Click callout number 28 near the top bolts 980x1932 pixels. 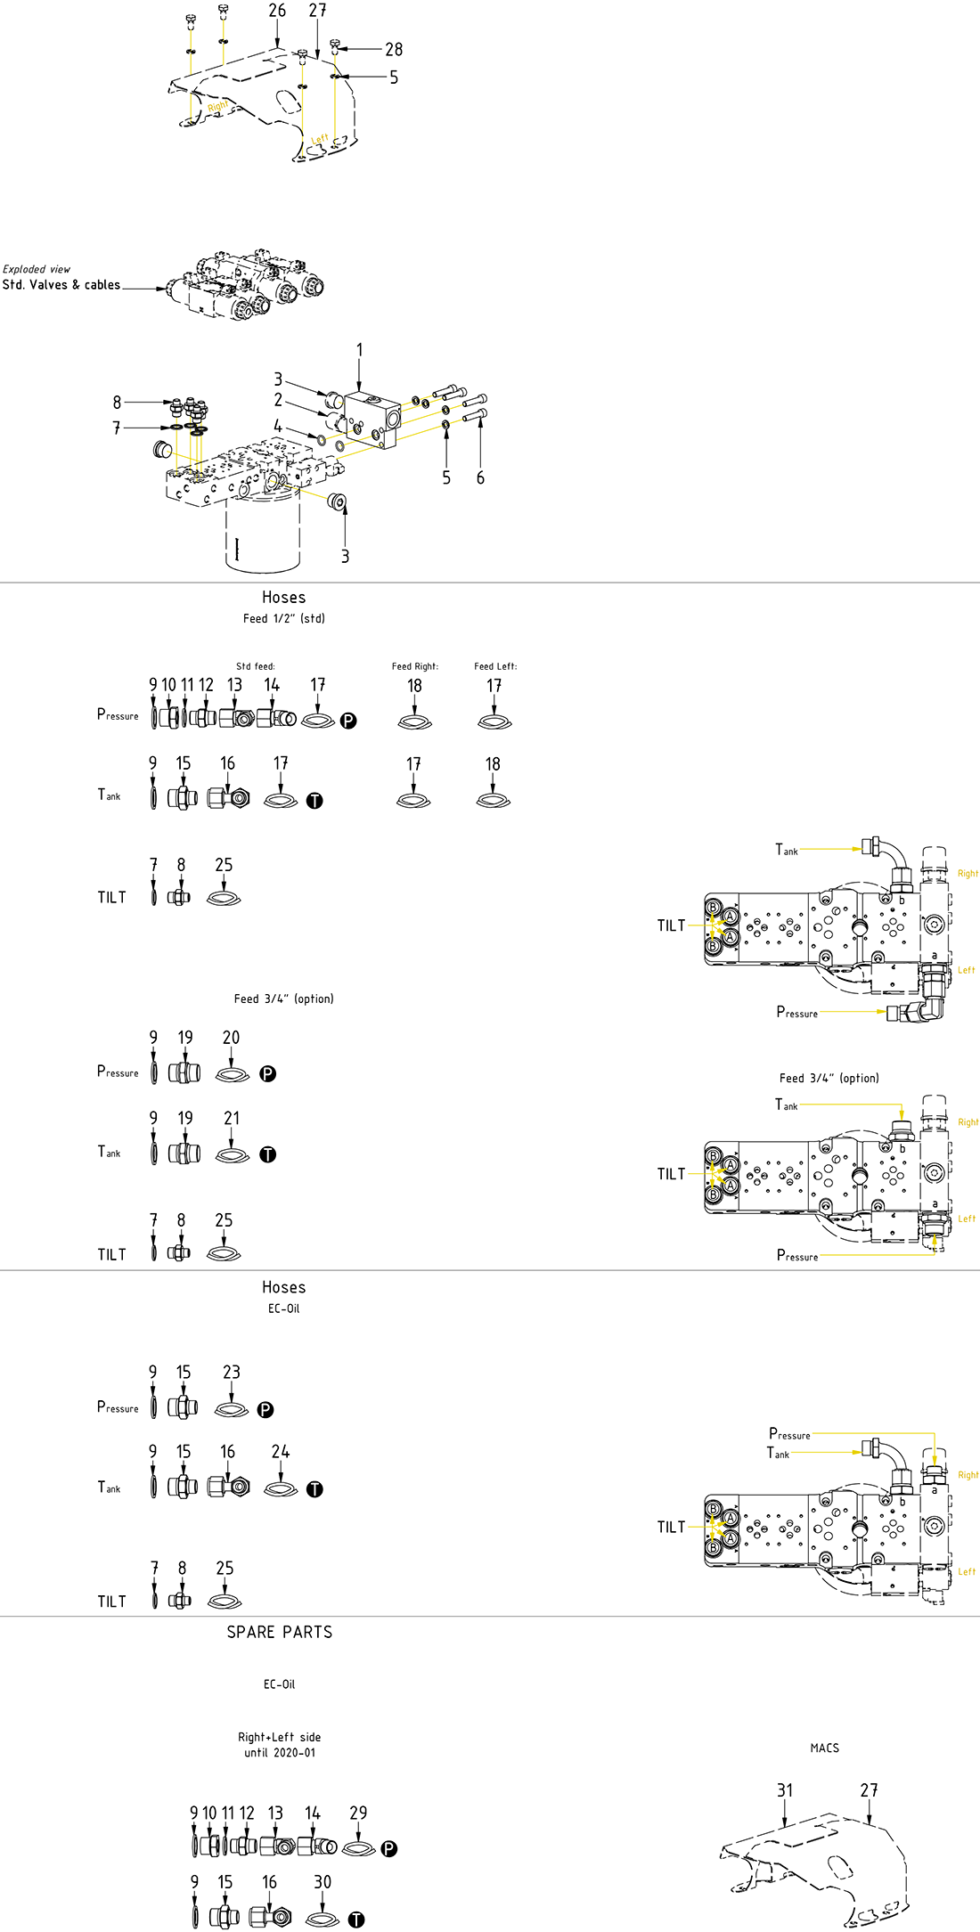[394, 50]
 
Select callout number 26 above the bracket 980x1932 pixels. [277, 11]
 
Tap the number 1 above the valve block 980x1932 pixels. [359, 350]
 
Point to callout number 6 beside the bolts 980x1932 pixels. [480, 478]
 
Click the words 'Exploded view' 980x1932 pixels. [37, 269]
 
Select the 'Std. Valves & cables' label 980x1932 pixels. [61, 285]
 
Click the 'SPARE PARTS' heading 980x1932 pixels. [280, 1632]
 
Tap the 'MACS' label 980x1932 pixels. [824, 1748]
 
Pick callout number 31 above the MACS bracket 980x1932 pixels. [784, 1790]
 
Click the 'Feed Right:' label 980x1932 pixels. [415, 666]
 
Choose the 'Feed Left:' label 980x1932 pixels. [495, 666]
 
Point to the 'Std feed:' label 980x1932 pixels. [256, 666]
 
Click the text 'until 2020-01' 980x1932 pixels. [280, 1752]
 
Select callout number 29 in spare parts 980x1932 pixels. [358, 1813]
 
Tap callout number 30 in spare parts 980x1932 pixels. [323, 1882]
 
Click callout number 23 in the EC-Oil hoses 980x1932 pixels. [232, 1373]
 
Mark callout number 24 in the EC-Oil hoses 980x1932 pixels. [281, 1452]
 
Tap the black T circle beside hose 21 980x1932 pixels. [268, 1154]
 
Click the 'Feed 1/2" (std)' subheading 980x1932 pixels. [283, 618]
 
